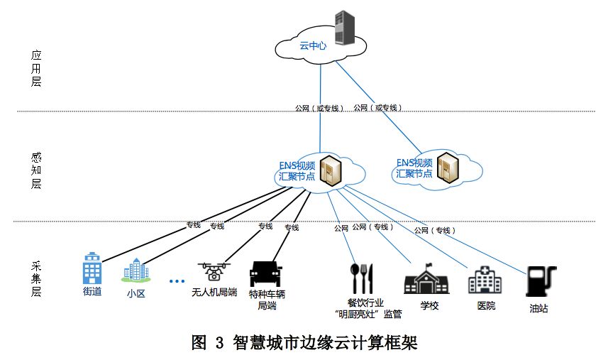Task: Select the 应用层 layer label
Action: (x=36, y=67)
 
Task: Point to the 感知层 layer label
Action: (x=36, y=170)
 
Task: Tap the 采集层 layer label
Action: (x=36, y=280)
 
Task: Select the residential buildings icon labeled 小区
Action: (x=136, y=271)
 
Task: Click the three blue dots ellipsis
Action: (x=177, y=281)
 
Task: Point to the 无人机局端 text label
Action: (x=214, y=292)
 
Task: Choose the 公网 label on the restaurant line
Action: (x=341, y=228)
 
